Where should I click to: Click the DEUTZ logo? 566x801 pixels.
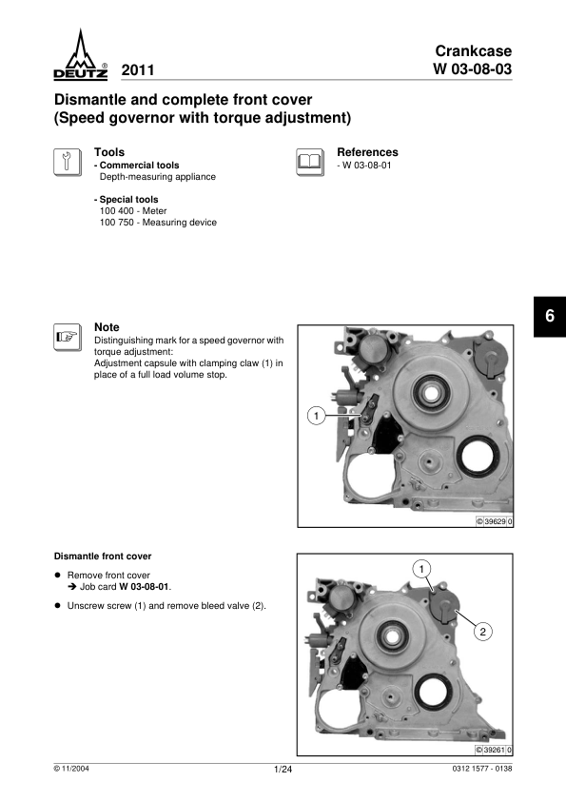tap(81, 54)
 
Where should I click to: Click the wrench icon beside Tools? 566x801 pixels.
tap(68, 163)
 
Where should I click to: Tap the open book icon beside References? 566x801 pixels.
tap(310, 163)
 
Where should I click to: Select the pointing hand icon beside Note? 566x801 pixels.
tap(68, 337)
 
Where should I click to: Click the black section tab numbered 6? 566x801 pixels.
tap(550, 316)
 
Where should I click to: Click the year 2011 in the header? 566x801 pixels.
tap(138, 70)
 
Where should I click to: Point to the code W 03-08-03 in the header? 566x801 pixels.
tap(473, 68)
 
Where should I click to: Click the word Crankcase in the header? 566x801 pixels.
tap(474, 50)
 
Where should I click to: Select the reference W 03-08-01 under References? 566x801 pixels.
tap(364, 165)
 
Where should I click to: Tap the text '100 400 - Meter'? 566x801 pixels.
tap(133, 210)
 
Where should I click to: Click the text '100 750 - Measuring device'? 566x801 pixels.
tap(158, 223)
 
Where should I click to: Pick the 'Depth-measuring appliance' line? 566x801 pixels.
tap(158, 177)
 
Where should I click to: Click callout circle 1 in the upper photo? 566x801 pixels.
tap(317, 416)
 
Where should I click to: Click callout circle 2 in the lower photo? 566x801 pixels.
tap(482, 632)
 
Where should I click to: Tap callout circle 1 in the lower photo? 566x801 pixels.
tap(421, 569)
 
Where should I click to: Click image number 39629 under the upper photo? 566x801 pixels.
tap(495, 521)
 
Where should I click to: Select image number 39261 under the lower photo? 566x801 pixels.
tap(494, 750)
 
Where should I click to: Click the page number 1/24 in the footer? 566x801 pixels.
tap(283, 770)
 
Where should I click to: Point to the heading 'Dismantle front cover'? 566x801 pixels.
tap(103, 557)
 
